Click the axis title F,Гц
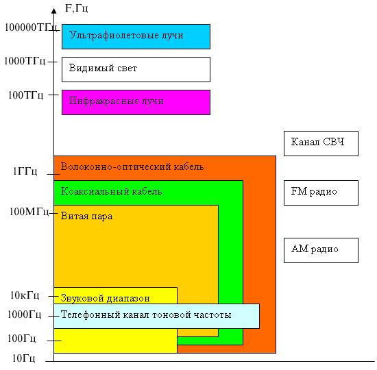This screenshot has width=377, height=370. click(77, 8)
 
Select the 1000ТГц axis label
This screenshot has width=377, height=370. click(25, 61)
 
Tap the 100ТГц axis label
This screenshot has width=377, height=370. click(26, 95)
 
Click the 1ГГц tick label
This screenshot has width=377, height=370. click(25, 171)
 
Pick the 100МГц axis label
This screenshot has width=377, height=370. click(29, 212)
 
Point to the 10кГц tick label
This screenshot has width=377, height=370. click(25, 295)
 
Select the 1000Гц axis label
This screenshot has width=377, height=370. click(24, 314)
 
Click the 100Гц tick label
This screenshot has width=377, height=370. click(22, 338)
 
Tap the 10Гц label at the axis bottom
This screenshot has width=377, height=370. click(24, 358)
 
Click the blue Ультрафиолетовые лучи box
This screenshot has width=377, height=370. click(136, 36)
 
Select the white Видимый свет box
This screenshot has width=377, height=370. click(136, 69)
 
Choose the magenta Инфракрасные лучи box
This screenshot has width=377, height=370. click(136, 102)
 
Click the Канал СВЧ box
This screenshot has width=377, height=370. click(321, 143)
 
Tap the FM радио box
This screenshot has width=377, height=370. click(321, 193)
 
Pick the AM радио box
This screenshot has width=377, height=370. click(321, 250)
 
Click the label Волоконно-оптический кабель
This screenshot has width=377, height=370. click(132, 166)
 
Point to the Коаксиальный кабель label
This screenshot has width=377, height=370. click(111, 191)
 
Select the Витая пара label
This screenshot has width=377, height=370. click(86, 216)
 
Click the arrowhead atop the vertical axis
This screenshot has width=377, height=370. click(54, 11)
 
